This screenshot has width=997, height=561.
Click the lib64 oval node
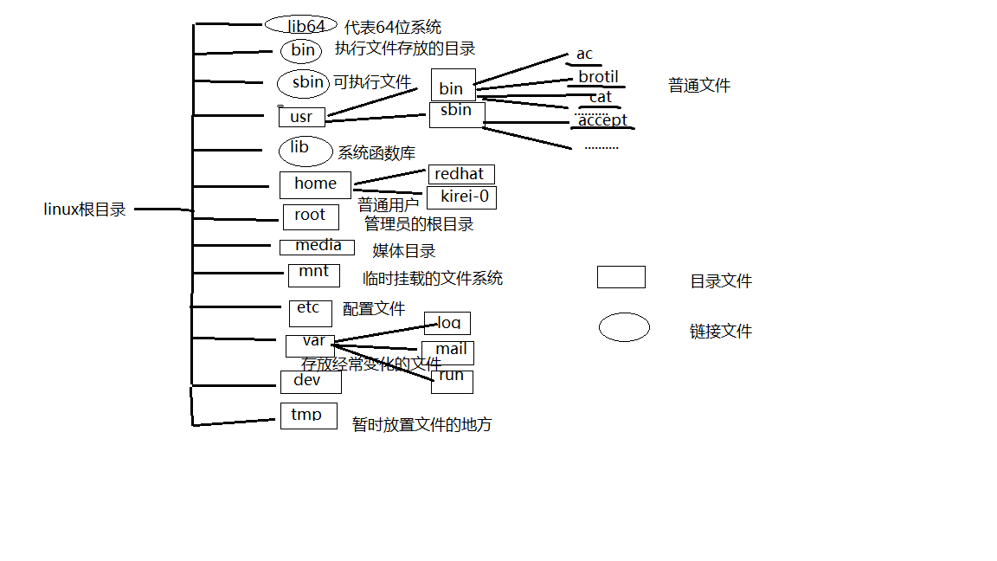(x=300, y=25)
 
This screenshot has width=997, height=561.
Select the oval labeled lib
(x=306, y=151)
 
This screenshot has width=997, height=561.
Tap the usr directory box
(x=301, y=117)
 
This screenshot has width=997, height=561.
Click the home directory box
(x=315, y=184)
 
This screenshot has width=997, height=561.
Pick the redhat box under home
(x=460, y=175)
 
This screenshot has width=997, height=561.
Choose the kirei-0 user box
(x=462, y=197)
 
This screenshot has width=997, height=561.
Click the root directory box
(x=310, y=216)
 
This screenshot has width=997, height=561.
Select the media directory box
(x=317, y=247)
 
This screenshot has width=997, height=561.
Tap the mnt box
(x=313, y=274)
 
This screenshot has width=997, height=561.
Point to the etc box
(x=310, y=313)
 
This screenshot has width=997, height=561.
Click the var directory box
(x=310, y=345)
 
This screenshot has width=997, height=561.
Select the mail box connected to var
(x=448, y=352)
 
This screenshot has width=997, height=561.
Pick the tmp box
(x=308, y=416)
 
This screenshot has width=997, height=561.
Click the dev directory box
(x=311, y=382)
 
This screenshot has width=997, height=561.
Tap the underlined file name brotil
(x=598, y=77)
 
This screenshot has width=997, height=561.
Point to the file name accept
(x=602, y=120)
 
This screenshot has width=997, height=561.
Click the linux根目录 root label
(x=85, y=210)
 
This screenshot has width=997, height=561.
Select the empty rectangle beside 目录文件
(x=621, y=277)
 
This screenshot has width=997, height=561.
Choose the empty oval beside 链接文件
(x=624, y=327)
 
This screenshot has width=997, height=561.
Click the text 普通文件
(x=699, y=86)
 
